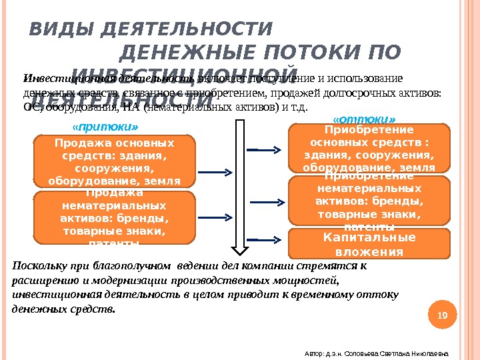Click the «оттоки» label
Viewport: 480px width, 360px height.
pos(359,117)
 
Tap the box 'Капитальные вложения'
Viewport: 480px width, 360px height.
pos(369,244)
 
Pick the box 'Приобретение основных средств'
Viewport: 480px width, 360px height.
pos(369,148)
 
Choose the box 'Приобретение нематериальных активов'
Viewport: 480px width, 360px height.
pos(369,200)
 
